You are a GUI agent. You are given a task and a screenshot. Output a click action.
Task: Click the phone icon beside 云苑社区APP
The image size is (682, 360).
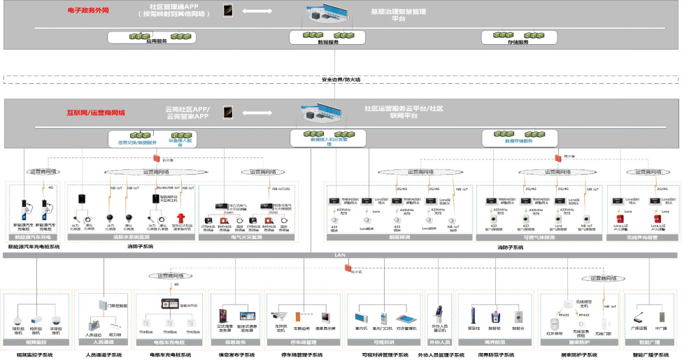pyautogui.click(x=227, y=112)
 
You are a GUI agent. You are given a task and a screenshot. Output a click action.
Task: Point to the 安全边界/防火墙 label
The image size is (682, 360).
pyautogui.click(x=341, y=79)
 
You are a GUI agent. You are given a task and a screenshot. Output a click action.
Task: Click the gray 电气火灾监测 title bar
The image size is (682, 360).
pyautogui.click(x=248, y=237)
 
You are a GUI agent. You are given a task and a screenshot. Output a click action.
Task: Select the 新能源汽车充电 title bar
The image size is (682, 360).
pyautogui.click(x=35, y=237)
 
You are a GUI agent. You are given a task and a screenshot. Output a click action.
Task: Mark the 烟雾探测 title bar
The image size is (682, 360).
pyautogui.click(x=399, y=237)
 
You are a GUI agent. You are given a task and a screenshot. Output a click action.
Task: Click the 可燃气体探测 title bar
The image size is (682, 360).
pyautogui.click(x=539, y=237)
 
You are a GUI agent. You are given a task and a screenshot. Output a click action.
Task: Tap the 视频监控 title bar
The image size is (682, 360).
pyautogui.click(x=37, y=343)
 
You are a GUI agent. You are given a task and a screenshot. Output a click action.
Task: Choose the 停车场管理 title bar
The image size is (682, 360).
pyautogui.click(x=303, y=343)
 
